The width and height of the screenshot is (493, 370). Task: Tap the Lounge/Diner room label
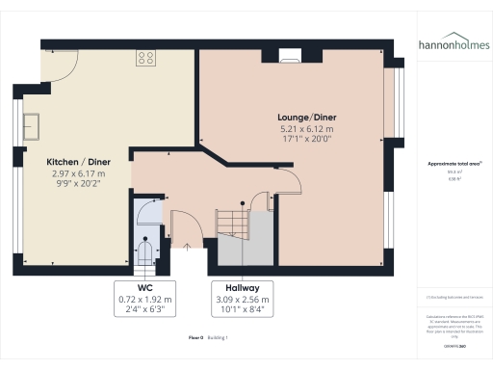click(307, 117)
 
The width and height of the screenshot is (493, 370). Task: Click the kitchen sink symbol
click(33, 125)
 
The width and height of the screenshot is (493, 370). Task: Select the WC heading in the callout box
click(144, 287)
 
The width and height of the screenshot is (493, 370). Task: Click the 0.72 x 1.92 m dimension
click(144, 299)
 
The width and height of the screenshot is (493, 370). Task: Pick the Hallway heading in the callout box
click(244, 287)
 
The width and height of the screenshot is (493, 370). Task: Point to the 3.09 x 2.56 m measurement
click(244, 299)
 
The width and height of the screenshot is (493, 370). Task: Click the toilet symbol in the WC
click(145, 250)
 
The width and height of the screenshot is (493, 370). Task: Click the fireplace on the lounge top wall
click(288, 57)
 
